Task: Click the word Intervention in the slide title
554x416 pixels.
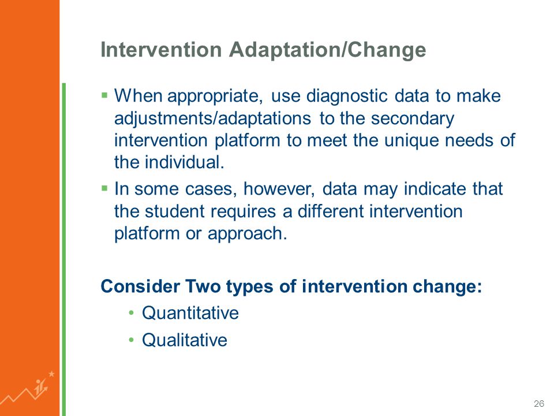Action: tap(161, 50)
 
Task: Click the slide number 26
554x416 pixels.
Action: tap(539, 404)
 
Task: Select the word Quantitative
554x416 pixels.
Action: tap(190, 313)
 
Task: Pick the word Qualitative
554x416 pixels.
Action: tap(185, 340)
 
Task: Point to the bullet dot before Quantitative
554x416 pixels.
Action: tap(132, 313)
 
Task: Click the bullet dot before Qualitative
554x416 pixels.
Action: tap(132, 340)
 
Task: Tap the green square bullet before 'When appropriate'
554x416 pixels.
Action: tap(104, 95)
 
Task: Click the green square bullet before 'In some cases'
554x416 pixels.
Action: tap(104, 188)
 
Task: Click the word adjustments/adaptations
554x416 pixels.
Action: tap(213, 118)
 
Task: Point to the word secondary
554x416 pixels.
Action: tap(412, 118)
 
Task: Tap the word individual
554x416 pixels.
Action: tap(185, 163)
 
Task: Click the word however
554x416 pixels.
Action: tap(279, 189)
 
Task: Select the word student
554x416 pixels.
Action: tap(174, 211)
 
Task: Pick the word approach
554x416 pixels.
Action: tap(248, 234)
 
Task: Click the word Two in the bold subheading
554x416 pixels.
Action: tap(203, 286)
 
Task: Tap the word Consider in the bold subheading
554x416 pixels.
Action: tap(140, 286)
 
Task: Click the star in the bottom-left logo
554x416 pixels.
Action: tap(51, 374)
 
